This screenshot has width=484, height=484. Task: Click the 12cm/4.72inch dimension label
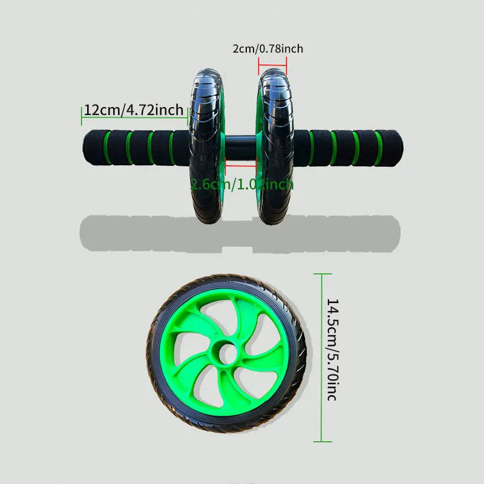point(134,110)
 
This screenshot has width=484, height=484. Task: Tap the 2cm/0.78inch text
point(267,48)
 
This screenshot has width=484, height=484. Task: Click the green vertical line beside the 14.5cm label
point(321,357)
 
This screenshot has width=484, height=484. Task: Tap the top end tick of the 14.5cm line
point(321,273)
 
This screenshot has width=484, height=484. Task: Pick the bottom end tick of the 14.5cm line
point(321,442)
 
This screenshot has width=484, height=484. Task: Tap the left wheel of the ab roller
point(208,147)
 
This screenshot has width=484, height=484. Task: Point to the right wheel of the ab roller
point(276,147)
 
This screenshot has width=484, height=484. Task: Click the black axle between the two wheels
point(241,148)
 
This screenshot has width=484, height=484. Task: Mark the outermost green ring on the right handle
point(379,148)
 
